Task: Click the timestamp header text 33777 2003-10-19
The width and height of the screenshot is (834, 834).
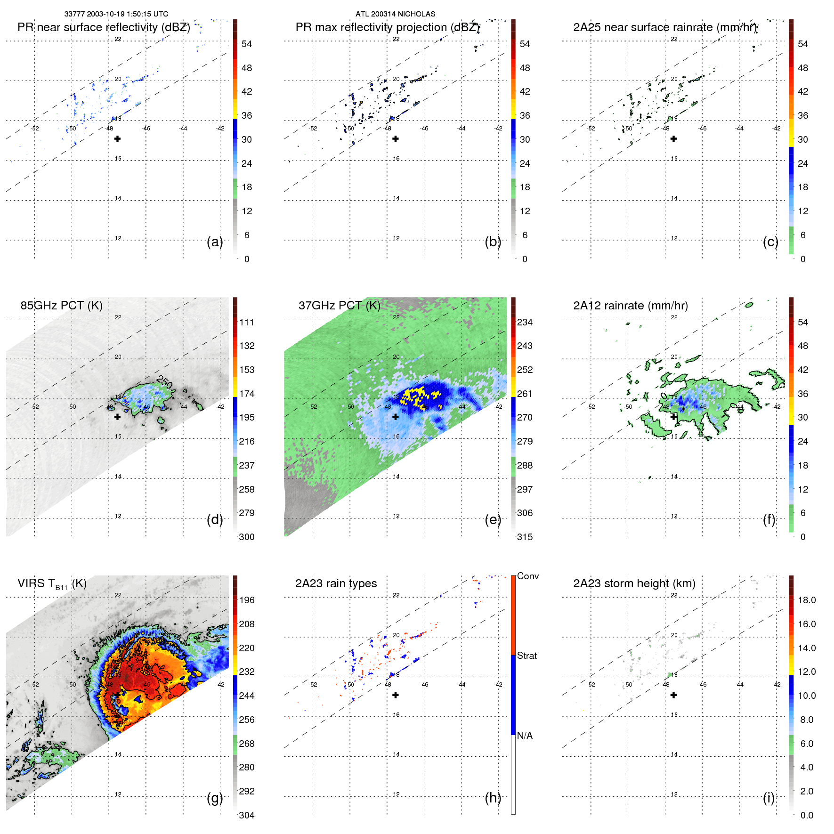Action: (x=116, y=14)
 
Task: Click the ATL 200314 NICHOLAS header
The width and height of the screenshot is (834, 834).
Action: (x=395, y=14)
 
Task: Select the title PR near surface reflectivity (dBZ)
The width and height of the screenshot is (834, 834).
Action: (x=104, y=27)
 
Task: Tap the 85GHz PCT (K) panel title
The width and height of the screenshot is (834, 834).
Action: (x=61, y=305)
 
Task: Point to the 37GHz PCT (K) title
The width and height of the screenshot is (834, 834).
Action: (x=339, y=305)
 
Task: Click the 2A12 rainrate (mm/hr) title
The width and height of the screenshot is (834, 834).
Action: (x=630, y=305)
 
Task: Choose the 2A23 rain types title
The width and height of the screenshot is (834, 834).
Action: (x=336, y=583)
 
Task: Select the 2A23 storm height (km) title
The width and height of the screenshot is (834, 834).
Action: (x=634, y=583)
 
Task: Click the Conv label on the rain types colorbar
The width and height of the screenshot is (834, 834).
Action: (x=527, y=576)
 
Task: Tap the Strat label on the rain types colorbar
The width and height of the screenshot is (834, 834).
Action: (x=526, y=656)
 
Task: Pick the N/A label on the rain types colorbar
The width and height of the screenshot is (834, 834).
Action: (x=525, y=735)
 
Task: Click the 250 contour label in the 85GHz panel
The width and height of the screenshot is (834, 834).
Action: (x=165, y=381)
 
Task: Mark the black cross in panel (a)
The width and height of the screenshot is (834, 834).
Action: (x=117, y=138)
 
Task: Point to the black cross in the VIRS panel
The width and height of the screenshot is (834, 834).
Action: (x=117, y=695)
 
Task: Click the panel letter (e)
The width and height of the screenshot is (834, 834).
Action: (x=493, y=519)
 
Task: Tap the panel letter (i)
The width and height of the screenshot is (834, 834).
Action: (x=769, y=797)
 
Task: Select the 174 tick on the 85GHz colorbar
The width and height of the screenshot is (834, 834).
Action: (x=247, y=393)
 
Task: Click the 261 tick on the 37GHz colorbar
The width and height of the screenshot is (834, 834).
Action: (x=525, y=393)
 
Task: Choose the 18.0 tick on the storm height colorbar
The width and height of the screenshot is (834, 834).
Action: (x=806, y=600)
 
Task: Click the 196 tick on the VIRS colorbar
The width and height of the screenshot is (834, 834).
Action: (x=247, y=600)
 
